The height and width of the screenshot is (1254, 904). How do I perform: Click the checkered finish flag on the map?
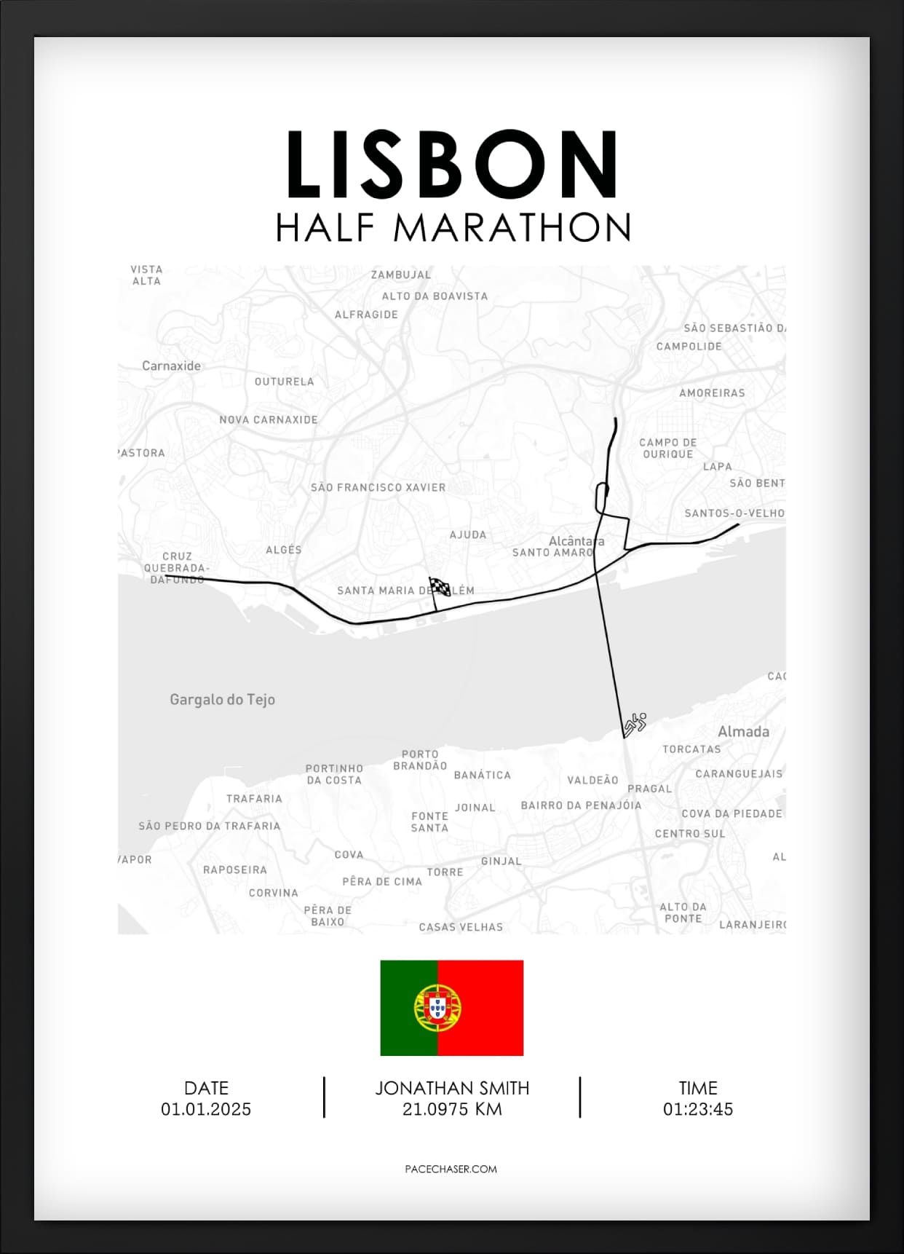tap(439, 586)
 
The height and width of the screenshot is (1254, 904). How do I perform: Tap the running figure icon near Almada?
tap(635, 724)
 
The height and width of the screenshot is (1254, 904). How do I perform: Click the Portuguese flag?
tap(452, 1007)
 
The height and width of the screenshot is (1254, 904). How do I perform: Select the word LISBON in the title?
tap(452, 165)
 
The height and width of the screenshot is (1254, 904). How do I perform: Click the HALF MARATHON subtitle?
tap(453, 228)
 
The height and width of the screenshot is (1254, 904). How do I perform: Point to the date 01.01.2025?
tap(206, 1109)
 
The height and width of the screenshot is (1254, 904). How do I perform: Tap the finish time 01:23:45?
tap(697, 1109)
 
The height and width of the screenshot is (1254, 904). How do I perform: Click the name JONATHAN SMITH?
tap(452, 1088)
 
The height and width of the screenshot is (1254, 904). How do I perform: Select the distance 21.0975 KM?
tap(452, 1109)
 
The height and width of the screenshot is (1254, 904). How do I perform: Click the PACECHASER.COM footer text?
tap(451, 1169)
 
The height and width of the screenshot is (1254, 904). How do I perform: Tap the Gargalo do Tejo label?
tap(222, 699)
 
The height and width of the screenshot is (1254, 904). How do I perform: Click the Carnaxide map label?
tap(171, 366)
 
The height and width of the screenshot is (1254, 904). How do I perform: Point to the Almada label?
tap(743, 731)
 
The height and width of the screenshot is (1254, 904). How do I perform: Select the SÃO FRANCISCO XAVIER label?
tap(378, 487)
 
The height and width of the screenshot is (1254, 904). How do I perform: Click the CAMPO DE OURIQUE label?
tap(668, 448)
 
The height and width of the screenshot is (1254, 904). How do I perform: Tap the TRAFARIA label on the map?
tap(254, 798)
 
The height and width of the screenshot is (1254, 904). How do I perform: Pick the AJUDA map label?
tap(467, 535)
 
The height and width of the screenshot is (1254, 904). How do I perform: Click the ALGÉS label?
tap(284, 550)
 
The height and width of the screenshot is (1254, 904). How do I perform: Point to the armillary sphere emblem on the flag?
tap(437, 1007)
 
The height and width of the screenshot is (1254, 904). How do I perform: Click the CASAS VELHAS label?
tap(461, 927)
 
